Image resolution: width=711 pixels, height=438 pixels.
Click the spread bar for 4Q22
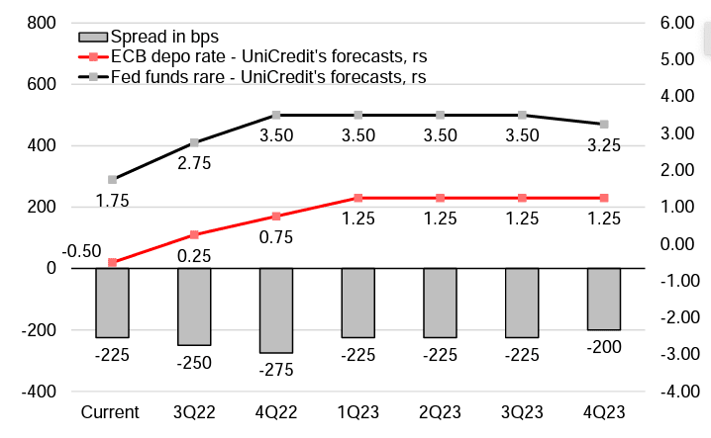coord(276,309)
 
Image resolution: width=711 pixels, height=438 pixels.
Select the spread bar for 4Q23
coord(604,299)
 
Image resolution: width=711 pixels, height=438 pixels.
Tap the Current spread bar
coord(112,303)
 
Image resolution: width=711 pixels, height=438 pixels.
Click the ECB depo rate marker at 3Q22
coord(194,234)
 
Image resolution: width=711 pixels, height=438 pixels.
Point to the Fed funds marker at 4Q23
coord(604,125)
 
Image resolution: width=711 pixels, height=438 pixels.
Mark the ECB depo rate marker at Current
coord(112,262)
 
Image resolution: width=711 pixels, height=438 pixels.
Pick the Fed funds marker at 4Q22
coord(276,115)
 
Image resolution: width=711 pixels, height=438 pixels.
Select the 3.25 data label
coord(604,144)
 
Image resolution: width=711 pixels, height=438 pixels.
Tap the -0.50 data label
coord(82,251)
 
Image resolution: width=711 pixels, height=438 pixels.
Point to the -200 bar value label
coord(604,347)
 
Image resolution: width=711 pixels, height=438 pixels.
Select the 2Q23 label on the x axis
coord(440,410)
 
